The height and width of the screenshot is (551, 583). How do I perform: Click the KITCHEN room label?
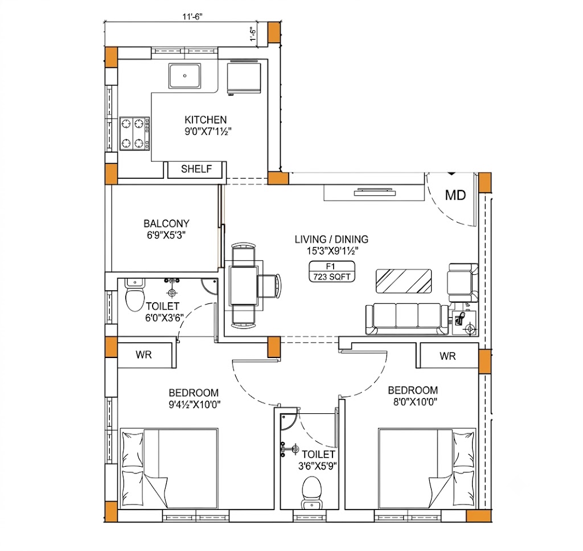tap(206, 120)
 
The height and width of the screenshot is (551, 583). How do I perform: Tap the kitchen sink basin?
tap(185, 76)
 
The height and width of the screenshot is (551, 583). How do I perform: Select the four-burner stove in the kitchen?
tap(134, 133)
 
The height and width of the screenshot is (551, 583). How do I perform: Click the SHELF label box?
tap(196, 169)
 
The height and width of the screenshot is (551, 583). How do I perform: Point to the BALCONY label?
tap(167, 224)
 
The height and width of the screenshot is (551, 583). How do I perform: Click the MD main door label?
tap(455, 195)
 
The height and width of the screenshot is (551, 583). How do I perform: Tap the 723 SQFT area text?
tap(332, 277)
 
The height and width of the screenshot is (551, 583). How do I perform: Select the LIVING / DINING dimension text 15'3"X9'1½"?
tap(332, 251)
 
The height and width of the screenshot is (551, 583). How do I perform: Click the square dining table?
tap(244, 285)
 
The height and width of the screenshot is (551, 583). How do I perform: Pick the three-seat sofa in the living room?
tap(407, 319)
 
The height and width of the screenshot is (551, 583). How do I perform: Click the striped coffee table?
tap(404, 281)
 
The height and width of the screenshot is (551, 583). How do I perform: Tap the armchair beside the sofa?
tap(463, 282)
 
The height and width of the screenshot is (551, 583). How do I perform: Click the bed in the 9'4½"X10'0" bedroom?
tap(169, 468)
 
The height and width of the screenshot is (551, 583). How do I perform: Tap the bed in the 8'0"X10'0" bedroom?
tap(427, 468)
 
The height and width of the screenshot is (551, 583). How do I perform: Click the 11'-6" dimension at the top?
tap(192, 17)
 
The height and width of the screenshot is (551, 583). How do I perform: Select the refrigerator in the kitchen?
tap(244, 77)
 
